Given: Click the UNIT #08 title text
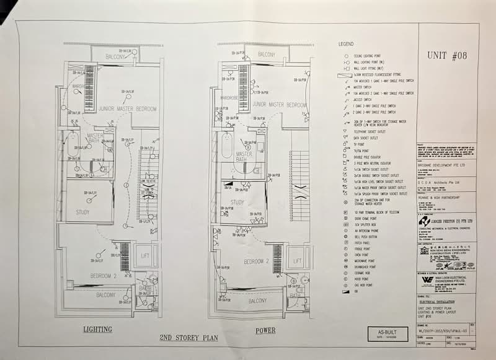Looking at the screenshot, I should point(447,56).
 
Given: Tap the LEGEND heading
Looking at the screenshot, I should point(345,45).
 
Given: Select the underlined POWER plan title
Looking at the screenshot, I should point(265,330).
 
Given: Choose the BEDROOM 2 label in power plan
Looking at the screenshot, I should point(257,262).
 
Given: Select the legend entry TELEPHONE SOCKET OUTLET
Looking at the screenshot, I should point(370,132).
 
